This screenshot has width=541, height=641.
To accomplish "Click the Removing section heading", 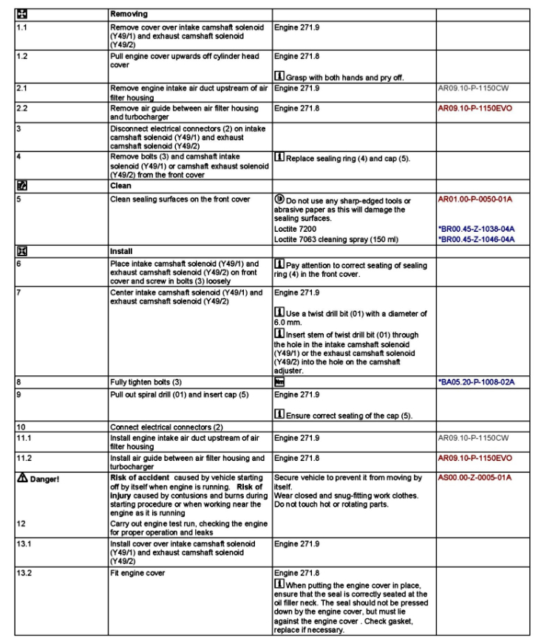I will click(129, 14).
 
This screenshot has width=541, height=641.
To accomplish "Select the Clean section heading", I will click(121, 186).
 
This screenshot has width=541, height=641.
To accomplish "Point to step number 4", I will click(18, 157).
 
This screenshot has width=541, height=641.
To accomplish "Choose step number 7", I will click(18, 293).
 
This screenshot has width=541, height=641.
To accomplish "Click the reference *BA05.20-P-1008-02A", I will click(476, 383).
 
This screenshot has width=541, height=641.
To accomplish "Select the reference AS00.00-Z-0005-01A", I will click(474, 477).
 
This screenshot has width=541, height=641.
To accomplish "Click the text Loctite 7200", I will click(296, 230).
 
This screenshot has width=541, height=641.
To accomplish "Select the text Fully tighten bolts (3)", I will click(148, 383).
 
